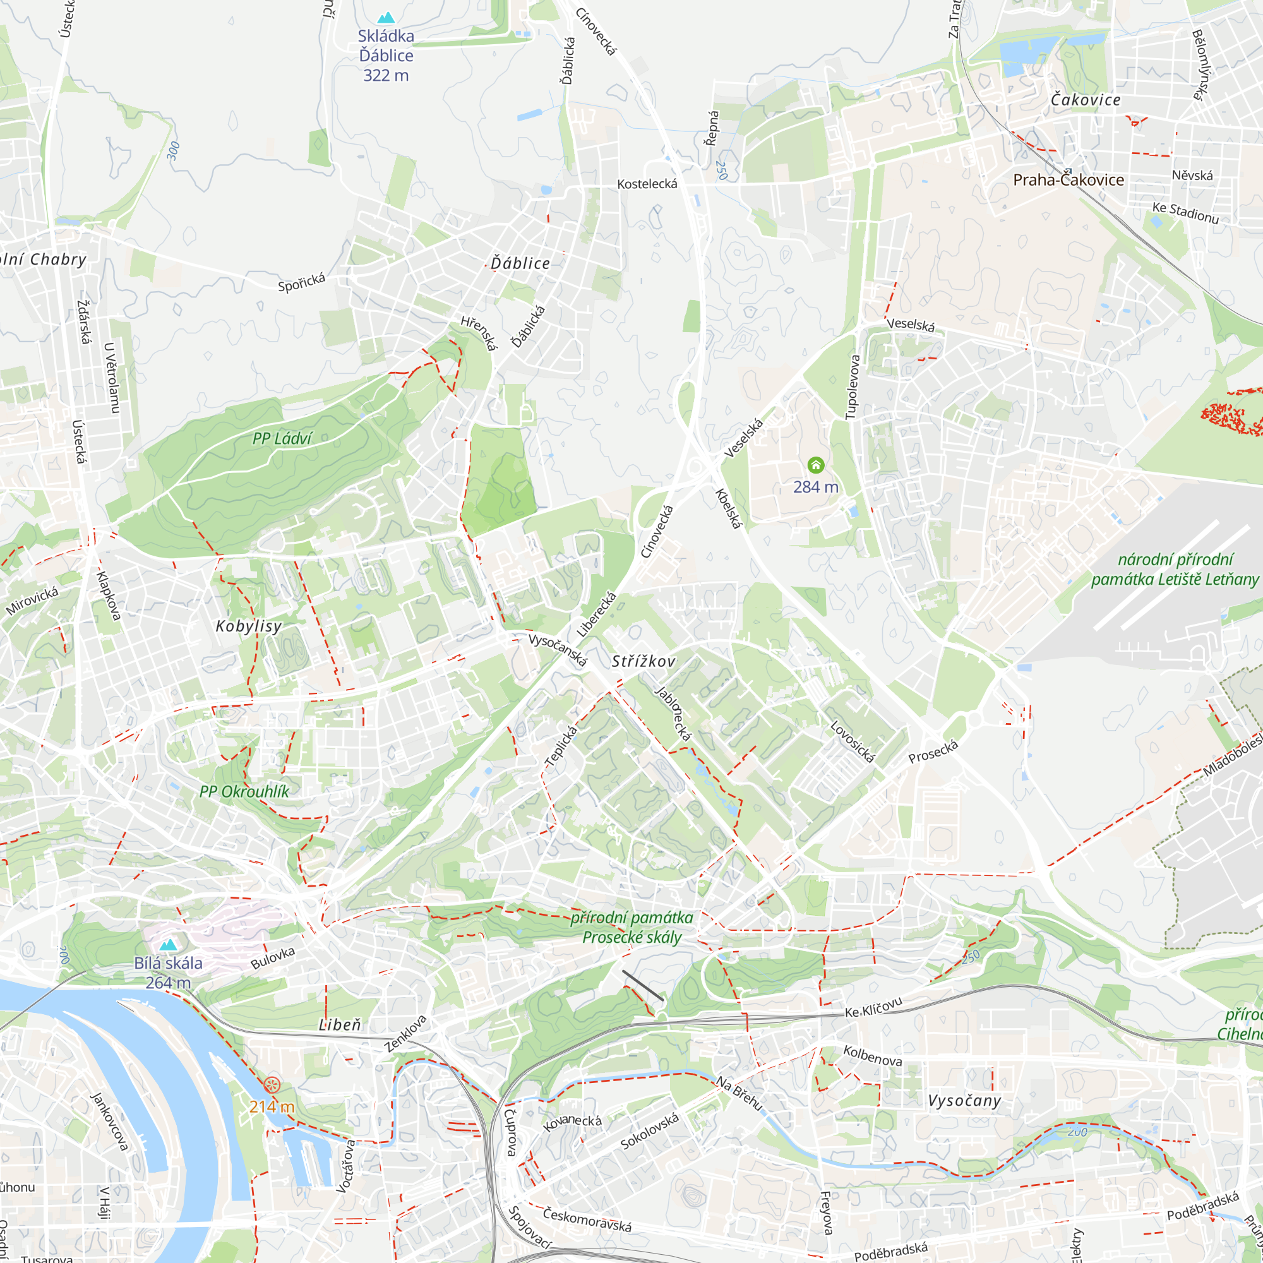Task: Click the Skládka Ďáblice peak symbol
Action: pyautogui.click(x=386, y=18)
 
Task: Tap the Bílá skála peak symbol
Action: pyautogui.click(x=169, y=945)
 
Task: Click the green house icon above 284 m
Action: pyautogui.click(x=815, y=465)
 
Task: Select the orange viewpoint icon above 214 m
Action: pyautogui.click(x=272, y=1085)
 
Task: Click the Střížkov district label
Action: pyautogui.click(x=643, y=662)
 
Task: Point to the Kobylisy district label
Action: pyautogui.click(x=249, y=626)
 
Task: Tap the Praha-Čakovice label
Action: pyautogui.click(x=1068, y=180)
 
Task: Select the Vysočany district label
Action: pyautogui.click(x=964, y=1101)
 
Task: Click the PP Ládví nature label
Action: pyautogui.click(x=282, y=439)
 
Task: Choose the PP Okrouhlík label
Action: pyautogui.click(x=244, y=792)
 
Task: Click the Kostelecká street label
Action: pyautogui.click(x=647, y=184)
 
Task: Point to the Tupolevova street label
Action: pyautogui.click(x=853, y=387)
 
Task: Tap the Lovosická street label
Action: pyautogui.click(x=852, y=742)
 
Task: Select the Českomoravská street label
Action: pyautogui.click(x=587, y=1219)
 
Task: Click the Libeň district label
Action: pyautogui.click(x=340, y=1025)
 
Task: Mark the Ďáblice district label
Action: pyautogui.click(x=520, y=263)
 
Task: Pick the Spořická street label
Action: pyautogui.click(x=301, y=283)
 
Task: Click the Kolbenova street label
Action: pyautogui.click(x=873, y=1056)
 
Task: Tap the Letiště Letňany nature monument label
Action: pyautogui.click(x=1175, y=570)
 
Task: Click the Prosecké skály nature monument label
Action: pyautogui.click(x=631, y=928)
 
